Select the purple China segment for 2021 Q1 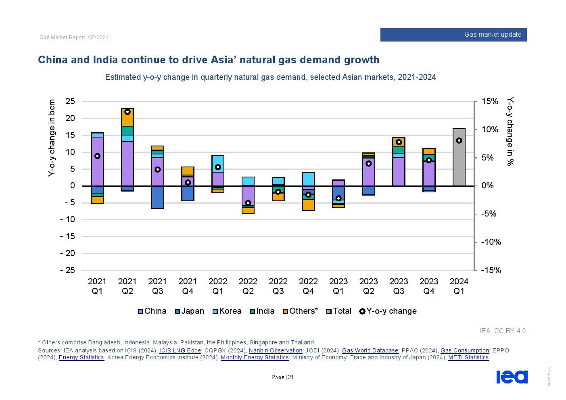pyautogui.click(x=97, y=161)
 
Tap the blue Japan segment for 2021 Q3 pyautogui.click(x=157, y=197)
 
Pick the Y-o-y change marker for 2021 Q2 pyautogui.click(x=127, y=112)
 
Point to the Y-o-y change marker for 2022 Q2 pyautogui.click(x=248, y=203)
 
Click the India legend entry pyautogui.click(x=262, y=311)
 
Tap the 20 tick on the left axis pyautogui.click(x=70, y=118)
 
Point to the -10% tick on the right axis pyautogui.click(x=491, y=242)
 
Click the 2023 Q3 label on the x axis pyautogui.click(x=399, y=286)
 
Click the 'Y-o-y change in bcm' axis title pyautogui.click(x=52, y=138)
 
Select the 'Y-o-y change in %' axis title pyautogui.click(x=510, y=131)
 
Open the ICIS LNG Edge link pyautogui.click(x=180, y=350)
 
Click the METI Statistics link pyautogui.click(x=468, y=357)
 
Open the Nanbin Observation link pyautogui.click(x=276, y=350)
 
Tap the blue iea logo pyautogui.click(x=512, y=377)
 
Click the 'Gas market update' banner pyautogui.click(x=453, y=35)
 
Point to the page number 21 pyautogui.click(x=290, y=377)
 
